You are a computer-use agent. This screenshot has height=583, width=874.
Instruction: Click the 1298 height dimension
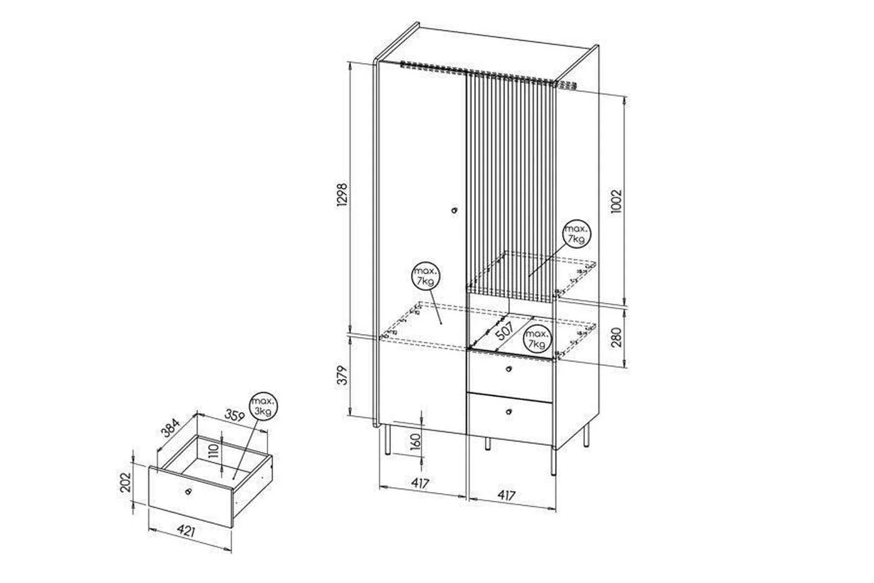click(343, 195)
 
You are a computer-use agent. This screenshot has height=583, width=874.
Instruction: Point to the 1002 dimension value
click(617, 200)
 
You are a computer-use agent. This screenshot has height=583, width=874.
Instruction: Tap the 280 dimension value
click(617, 337)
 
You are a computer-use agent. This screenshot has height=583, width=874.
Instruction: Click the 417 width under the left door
click(420, 483)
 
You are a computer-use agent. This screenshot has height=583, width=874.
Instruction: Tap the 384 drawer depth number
click(171, 427)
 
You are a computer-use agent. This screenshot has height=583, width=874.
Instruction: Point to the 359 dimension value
click(234, 415)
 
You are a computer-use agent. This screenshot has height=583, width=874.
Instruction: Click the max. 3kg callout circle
click(263, 407)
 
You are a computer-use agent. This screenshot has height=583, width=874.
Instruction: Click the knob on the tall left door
click(454, 211)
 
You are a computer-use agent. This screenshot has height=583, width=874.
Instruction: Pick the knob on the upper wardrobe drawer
click(509, 369)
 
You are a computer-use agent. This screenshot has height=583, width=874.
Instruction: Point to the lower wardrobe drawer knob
click(509, 412)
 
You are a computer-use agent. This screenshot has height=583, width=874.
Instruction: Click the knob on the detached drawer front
click(187, 491)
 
